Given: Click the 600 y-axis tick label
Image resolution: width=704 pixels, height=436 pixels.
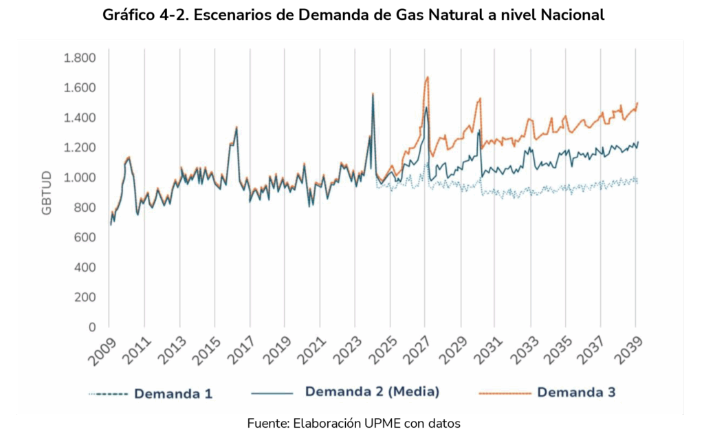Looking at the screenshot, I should (x=85, y=237).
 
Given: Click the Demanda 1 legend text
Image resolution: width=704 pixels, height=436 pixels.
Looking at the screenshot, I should (x=173, y=394).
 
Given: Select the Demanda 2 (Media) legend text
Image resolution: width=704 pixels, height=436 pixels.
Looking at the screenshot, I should (x=372, y=392).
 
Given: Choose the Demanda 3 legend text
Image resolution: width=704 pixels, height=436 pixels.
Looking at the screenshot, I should (x=576, y=393).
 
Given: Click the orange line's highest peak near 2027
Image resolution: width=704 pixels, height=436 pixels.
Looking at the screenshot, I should (x=428, y=77).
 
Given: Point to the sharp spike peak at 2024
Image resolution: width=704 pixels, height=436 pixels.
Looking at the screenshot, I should (x=373, y=94).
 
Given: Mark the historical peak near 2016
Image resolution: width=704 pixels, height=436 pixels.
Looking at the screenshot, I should (x=236, y=127).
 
